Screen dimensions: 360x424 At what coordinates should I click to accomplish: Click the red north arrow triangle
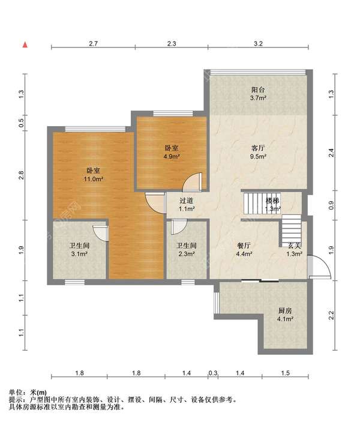[x=25, y=45]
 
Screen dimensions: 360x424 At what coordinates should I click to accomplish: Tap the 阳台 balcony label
[x=258, y=89]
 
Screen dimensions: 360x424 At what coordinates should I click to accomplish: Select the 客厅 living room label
[x=258, y=148]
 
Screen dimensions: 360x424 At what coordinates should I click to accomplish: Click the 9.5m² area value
[x=259, y=156]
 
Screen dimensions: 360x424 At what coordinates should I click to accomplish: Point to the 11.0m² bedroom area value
[x=94, y=179]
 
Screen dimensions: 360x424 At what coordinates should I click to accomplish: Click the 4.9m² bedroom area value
[x=172, y=156]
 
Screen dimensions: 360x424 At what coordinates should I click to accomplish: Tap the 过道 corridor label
[x=187, y=201]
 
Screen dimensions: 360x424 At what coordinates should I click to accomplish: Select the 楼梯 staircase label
[x=272, y=201]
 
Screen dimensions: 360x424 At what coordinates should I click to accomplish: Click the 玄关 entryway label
[x=294, y=246]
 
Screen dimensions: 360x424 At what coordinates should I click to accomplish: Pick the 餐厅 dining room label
[x=244, y=246]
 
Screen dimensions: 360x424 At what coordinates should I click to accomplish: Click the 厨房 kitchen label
[x=285, y=310]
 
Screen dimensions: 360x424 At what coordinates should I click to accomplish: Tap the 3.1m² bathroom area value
[x=79, y=254]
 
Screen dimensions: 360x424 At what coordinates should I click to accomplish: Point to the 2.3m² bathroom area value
[x=187, y=254]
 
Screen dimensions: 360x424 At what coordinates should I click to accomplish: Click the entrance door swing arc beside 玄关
[x=324, y=264]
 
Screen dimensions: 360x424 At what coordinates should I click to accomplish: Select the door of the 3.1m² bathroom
[x=101, y=233]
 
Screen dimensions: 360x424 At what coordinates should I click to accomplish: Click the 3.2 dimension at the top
[x=258, y=43]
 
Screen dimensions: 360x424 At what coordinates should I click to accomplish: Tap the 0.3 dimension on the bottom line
[x=213, y=373]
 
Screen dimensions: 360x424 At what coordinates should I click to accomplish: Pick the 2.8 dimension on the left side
[x=22, y=175]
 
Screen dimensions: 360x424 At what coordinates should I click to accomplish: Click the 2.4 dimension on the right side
[x=331, y=153]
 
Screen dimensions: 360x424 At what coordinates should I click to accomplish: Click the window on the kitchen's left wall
[x=217, y=303]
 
